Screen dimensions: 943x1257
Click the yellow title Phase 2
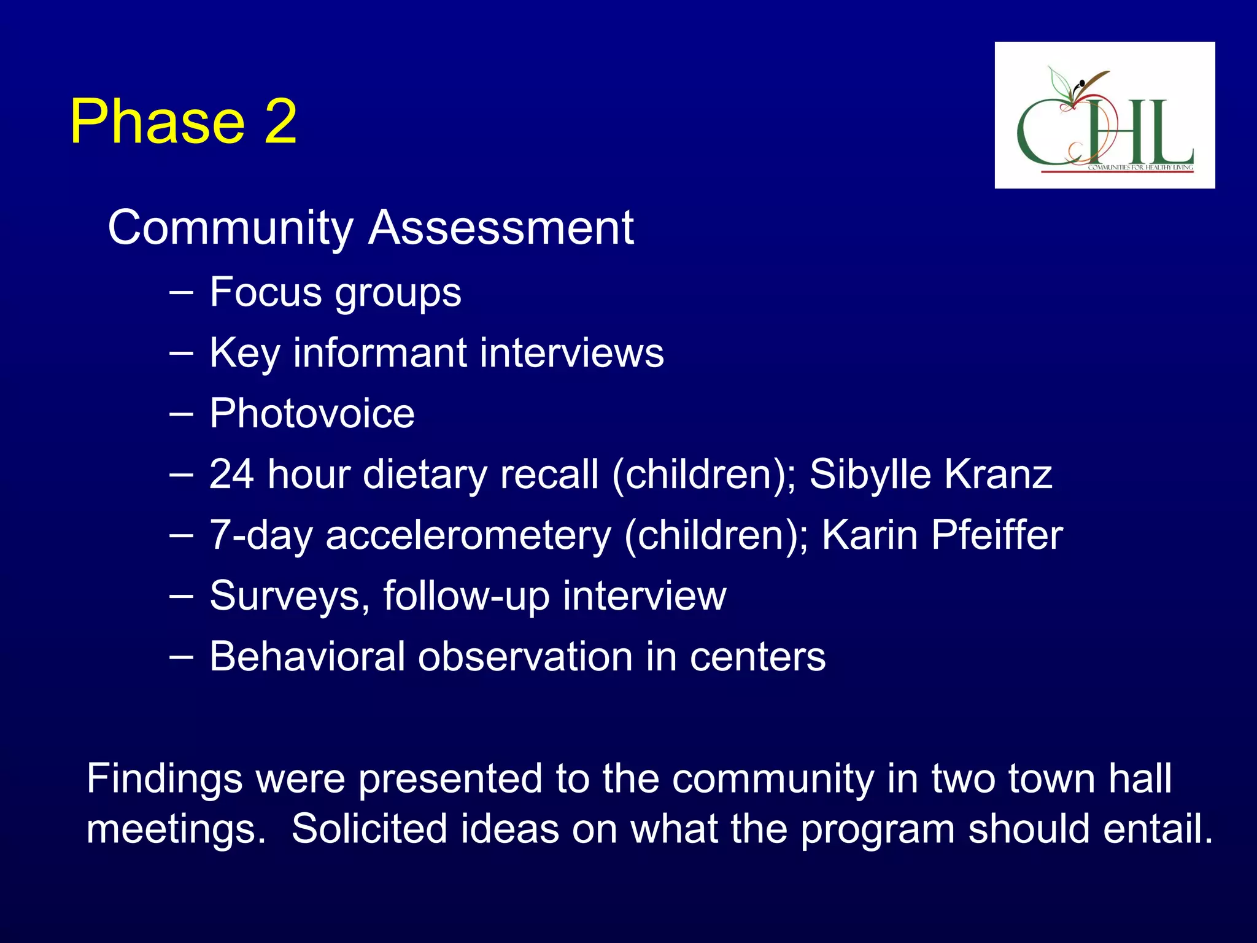pyautogui.click(x=183, y=122)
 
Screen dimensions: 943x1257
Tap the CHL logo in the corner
pyautogui.click(x=1104, y=115)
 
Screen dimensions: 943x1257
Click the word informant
pyautogui.click(x=380, y=353)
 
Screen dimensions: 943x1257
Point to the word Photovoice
pyautogui.click(x=312, y=413)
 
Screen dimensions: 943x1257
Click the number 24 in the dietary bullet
pyautogui.click(x=231, y=474)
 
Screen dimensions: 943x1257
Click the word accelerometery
pyautogui.click(x=468, y=535)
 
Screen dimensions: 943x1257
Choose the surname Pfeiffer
pyautogui.click(x=997, y=535)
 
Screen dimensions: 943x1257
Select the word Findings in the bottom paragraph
pyautogui.click(x=164, y=778)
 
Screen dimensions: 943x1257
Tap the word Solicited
pyautogui.click(x=369, y=829)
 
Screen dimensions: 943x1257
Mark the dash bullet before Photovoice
pyautogui.click(x=180, y=414)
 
